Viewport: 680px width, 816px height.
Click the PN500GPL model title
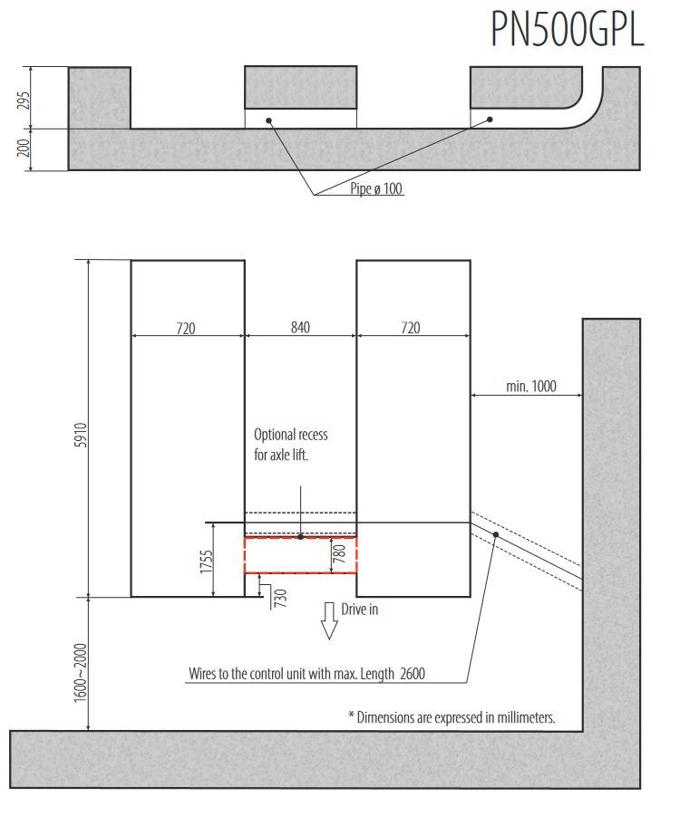click(568, 29)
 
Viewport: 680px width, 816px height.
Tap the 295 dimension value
click(24, 100)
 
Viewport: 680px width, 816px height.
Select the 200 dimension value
click(24, 148)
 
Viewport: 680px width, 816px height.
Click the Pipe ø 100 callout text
click(376, 187)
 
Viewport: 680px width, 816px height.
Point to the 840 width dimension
click(301, 327)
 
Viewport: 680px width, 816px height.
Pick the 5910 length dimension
click(81, 435)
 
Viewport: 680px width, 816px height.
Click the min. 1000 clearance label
click(531, 386)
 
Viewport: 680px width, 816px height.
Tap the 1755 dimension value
click(207, 562)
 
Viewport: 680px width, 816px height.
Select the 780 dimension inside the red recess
click(339, 553)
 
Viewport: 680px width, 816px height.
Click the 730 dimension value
click(280, 598)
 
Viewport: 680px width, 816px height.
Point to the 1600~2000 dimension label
click(80, 673)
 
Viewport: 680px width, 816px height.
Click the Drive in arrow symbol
click(329, 621)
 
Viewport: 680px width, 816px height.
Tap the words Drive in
click(360, 610)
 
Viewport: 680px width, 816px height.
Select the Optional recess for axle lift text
click(291, 445)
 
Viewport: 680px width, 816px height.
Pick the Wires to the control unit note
click(307, 674)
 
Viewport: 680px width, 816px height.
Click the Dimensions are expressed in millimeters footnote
click(452, 717)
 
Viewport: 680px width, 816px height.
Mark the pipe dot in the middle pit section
click(269, 120)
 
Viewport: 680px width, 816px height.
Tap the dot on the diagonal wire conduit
click(496, 534)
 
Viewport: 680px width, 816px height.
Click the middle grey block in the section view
click(301, 88)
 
